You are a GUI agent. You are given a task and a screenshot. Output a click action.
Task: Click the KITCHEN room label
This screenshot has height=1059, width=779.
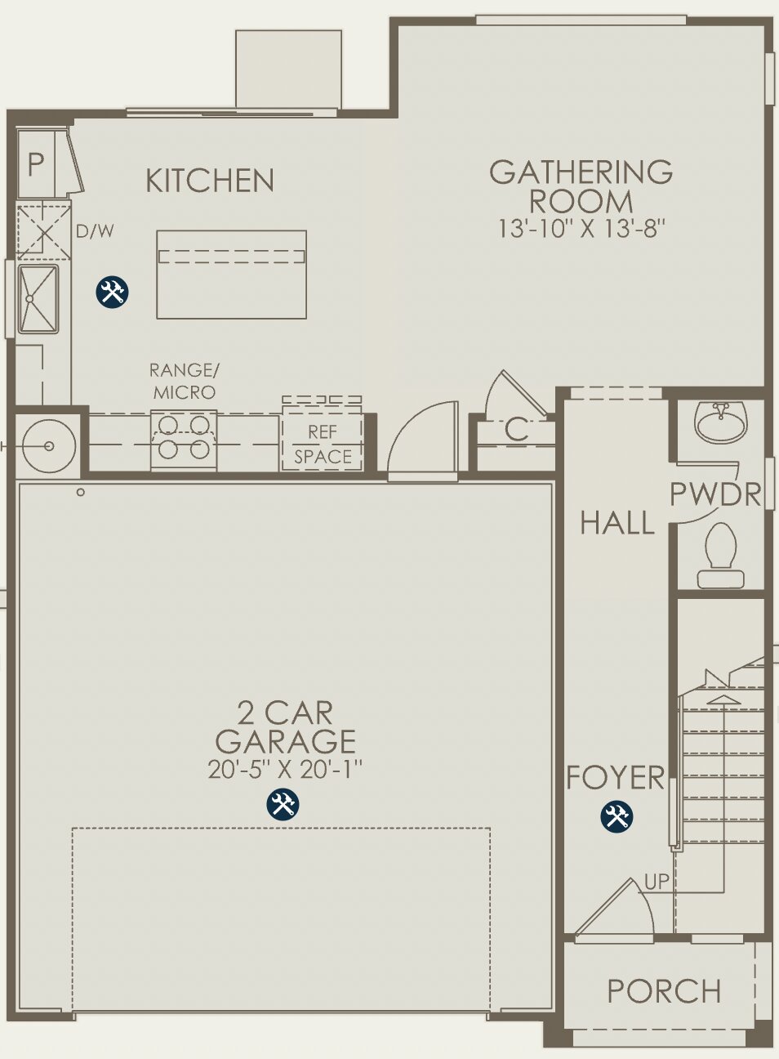click(210, 181)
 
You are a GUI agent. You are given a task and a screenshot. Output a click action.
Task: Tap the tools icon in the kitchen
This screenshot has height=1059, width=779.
click(113, 292)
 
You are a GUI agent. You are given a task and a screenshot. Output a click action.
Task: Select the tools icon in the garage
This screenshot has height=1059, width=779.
click(283, 805)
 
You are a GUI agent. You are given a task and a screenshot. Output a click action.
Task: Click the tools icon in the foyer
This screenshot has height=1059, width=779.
click(617, 817)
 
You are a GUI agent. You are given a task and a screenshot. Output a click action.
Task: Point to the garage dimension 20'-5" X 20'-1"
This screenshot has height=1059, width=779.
click(284, 769)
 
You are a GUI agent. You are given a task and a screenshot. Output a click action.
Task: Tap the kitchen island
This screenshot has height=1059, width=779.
click(231, 275)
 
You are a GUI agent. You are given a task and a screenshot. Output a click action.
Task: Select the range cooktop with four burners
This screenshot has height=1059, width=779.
click(184, 437)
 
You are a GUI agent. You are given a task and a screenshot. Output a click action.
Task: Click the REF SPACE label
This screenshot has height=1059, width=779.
click(323, 445)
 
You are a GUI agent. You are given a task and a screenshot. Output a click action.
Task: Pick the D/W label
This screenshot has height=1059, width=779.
click(95, 232)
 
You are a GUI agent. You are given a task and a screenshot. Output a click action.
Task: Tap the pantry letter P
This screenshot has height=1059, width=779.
click(35, 165)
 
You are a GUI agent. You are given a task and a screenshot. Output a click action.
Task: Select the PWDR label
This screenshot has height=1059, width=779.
click(715, 494)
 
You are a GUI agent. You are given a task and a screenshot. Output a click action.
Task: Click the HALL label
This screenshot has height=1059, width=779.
click(617, 523)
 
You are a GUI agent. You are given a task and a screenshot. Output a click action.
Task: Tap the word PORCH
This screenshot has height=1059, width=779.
click(664, 992)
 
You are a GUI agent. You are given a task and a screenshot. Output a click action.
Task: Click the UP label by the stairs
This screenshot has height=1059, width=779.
click(657, 882)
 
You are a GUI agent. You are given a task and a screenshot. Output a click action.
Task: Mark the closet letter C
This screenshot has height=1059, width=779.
click(516, 430)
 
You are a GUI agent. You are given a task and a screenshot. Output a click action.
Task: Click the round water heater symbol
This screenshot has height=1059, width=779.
click(49, 446)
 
